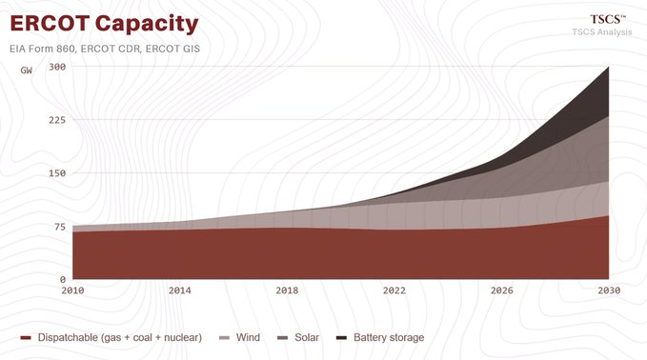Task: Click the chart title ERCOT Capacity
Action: click(104, 24)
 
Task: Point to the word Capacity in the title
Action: click(147, 25)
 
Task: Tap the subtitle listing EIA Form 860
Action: click(105, 49)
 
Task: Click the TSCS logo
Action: click(607, 19)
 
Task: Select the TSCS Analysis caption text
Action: click(601, 31)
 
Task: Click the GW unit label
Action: click(27, 70)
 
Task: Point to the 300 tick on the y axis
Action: click(57, 67)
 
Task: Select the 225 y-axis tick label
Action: click(57, 120)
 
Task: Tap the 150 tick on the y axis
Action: click(57, 173)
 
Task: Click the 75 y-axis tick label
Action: click(60, 227)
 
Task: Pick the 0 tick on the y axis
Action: click(63, 280)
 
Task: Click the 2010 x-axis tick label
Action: click(72, 290)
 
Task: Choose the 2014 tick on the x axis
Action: click(180, 290)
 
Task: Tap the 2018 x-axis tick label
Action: click(287, 290)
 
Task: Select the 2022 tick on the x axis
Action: click(394, 290)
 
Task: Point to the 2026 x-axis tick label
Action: click(502, 290)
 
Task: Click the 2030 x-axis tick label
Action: click(609, 290)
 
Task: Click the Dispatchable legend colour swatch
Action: click(26, 338)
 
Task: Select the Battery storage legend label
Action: click(389, 338)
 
